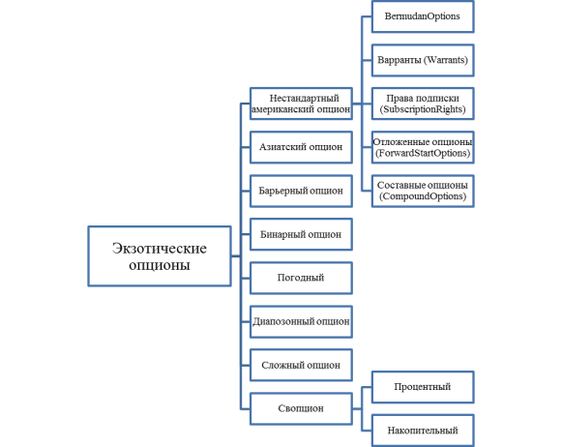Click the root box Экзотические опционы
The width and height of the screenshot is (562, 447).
[x=160, y=256]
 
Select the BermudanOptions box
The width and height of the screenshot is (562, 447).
[x=423, y=16]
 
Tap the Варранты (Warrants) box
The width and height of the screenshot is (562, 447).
[x=423, y=60]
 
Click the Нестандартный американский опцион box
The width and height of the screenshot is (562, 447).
[x=301, y=104]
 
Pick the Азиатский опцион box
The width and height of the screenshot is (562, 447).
[x=301, y=147]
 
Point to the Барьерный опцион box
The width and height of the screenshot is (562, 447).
[x=301, y=191]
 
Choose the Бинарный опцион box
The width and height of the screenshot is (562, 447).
[x=301, y=234]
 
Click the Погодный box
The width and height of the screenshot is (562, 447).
[x=301, y=278]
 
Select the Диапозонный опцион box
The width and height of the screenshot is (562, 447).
[x=301, y=322]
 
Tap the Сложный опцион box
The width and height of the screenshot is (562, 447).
[x=301, y=366]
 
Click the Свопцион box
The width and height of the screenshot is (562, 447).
[x=301, y=408]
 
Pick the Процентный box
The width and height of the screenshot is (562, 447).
[x=423, y=387]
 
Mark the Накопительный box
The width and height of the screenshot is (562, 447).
[x=423, y=431]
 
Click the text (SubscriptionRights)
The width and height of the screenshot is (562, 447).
[x=423, y=109]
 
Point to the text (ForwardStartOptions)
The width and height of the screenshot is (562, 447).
[x=423, y=153]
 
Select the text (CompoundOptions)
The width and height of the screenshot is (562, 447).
[x=423, y=196]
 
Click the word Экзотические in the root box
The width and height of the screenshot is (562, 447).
[x=160, y=248]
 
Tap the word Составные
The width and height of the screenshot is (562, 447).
[x=397, y=186]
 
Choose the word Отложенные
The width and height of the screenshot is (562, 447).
[x=398, y=142]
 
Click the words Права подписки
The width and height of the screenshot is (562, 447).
[x=423, y=99]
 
